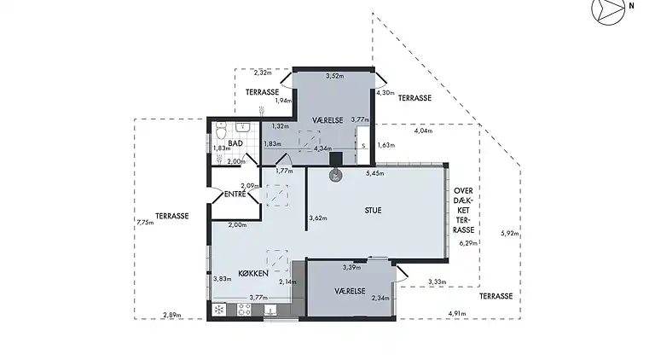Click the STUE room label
(x=373, y=211)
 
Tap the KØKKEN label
(x=253, y=273)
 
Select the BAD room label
(x=235, y=143)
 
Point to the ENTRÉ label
(x=235, y=194)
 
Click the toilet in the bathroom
(x=221, y=131)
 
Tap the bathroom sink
(x=243, y=126)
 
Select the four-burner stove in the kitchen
(x=245, y=310)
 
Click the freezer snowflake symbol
(x=219, y=310)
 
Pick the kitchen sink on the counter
(x=270, y=310)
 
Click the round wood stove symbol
(x=335, y=176)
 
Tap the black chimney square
(x=336, y=159)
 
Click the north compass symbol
(x=608, y=9)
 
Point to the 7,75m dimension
(x=145, y=223)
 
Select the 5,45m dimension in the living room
(x=374, y=173)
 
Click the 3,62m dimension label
(x=318, y=218)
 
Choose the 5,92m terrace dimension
(x=510, y=234)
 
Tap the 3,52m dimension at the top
(x=334, y=76)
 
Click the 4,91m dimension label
(x=457, y=314)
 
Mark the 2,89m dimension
(x=172, y=316)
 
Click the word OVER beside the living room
(x=463, y=191)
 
